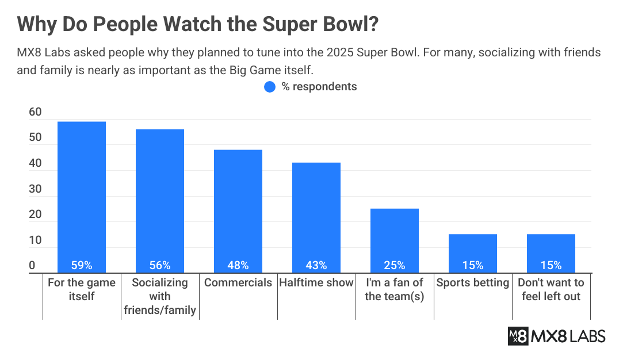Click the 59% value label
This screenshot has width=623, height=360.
point(81,265)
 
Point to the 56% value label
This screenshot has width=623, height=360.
point(159,265)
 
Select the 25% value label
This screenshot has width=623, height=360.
point(394,265)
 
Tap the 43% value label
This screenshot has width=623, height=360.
point(316,265)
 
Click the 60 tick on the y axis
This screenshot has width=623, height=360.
point(35,112)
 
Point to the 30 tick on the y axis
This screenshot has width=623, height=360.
point(35,189)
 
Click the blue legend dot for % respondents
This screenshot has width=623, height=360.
point(270,87)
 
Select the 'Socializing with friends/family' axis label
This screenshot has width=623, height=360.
point(159,296)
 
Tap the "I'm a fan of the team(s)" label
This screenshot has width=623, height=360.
point(394,289)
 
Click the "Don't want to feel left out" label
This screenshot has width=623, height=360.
point(551,289)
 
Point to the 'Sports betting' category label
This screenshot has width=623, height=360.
point(472,282)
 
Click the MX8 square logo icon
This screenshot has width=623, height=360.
point(518,336)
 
